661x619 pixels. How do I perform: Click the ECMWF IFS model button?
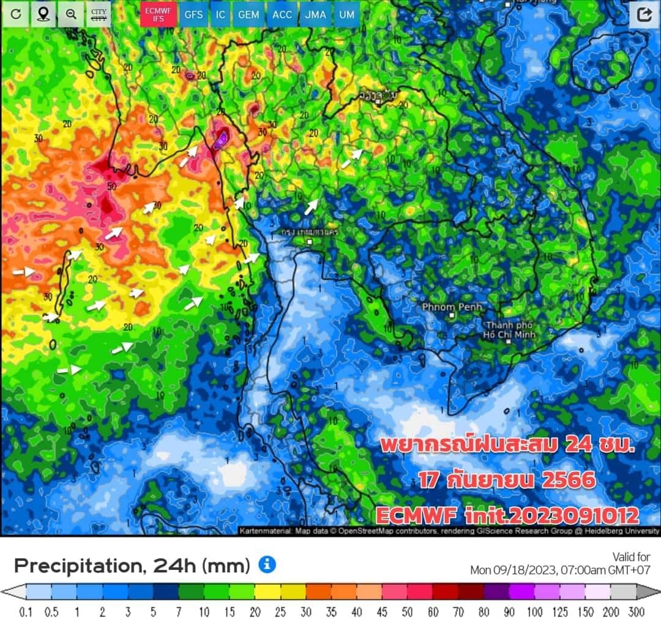[x=159, y=14]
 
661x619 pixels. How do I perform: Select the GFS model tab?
[x=194, y=14]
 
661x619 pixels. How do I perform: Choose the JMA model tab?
[x=315, y=14]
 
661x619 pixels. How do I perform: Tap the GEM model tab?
[x=248, y=14]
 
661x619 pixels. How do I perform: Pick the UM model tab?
[x=346, y=14]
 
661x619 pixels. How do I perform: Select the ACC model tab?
[x=282, y=14]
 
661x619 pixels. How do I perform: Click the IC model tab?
[x=220, y=14]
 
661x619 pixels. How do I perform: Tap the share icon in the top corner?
[x=644, y=15]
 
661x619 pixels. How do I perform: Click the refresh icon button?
[x=15, y=14]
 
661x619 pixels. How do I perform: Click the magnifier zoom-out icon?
[x=71, y=14]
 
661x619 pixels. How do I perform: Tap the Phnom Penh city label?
[x=452, y=307]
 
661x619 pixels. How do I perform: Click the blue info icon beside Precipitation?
[x=267, y=565]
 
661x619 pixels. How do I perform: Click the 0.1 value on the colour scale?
[x=26, y=612]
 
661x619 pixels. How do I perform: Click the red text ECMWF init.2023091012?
[x=507, y=515]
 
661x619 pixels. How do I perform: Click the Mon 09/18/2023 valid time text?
[x=559, y=570]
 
